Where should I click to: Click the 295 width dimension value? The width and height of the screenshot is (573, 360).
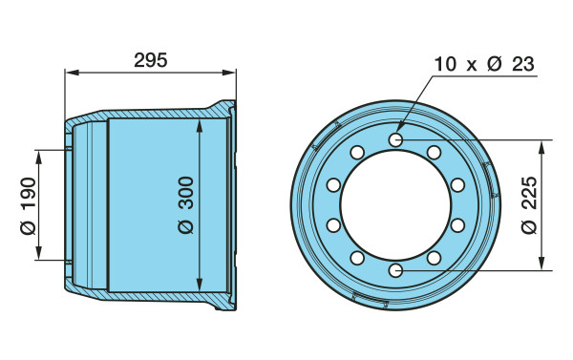point(151,60)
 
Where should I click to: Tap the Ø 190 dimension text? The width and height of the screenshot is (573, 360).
point(29,205)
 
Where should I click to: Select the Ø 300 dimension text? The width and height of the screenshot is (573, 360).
point(186,205)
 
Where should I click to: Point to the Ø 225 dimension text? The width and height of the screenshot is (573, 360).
point(529,205)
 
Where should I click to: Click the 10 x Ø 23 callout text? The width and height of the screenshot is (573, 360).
point(484,64)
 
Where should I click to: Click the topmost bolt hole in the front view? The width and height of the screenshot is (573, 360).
point(395,139)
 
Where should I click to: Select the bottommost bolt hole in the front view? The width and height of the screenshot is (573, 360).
point(395,271)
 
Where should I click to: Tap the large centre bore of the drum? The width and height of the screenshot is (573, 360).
point(395,205)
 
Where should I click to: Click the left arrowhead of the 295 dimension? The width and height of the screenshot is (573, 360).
point(72,73)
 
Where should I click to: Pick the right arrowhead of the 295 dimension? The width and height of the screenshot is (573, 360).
point(229,73)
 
